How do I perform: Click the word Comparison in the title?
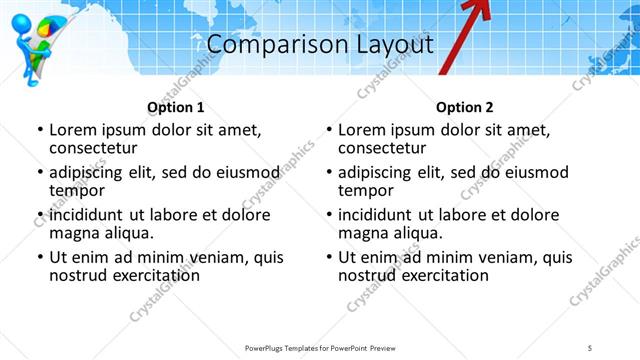(x=265, y=46)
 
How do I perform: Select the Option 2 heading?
(x=464, y=107)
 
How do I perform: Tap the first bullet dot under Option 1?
(x=40, y=131)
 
